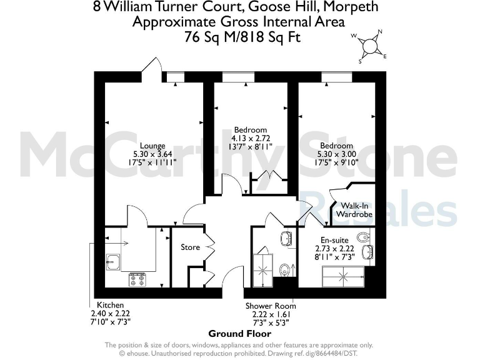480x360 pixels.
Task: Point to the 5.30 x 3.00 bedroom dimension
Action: pyautogui.click(x=336, y=154)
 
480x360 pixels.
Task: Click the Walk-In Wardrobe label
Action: pyautogui.click(x=354, y=210)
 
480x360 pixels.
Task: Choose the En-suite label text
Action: pyautogui.click(x=334, y=239)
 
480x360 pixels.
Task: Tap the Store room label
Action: pyautogui.click(x=190, y=247)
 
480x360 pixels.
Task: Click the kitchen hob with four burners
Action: pyautogui.click(x=137, y=279)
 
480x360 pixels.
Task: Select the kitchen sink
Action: pyautogui.click(x=112, y=261)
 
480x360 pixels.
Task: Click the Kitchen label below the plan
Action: pyautogui.click(x=109, y=306)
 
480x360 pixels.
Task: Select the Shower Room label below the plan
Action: pyautogui.click(x=271, y=306)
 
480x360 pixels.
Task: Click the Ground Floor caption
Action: pyautogui.click(x=240, y=333)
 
